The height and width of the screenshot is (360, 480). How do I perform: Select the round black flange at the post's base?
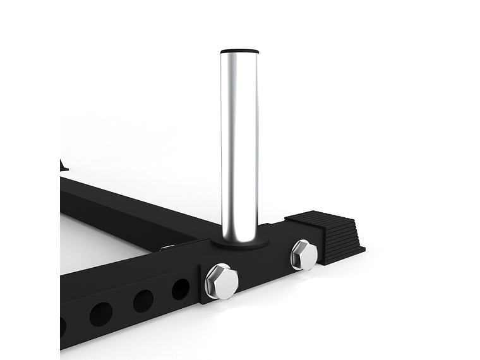click(239, 242)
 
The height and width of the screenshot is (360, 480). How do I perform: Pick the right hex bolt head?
click(304, 255)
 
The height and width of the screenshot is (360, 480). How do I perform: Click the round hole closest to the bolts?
click(181, 289)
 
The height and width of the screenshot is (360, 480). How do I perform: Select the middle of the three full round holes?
click(143, 301)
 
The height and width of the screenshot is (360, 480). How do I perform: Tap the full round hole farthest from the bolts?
click(100, 314)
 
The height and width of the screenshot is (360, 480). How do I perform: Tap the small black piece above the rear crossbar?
click(64, 165)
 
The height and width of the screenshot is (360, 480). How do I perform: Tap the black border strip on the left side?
click(30, 180)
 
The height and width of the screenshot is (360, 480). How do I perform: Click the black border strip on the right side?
click(450, 180)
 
